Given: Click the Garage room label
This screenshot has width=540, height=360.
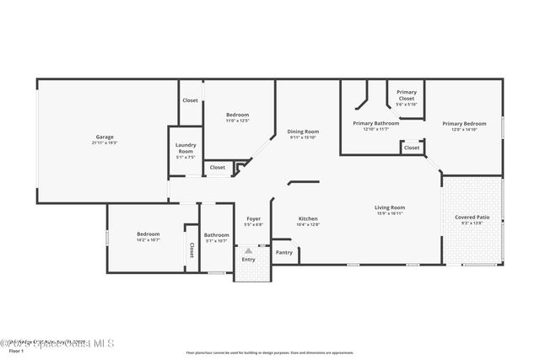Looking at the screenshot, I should point(105,137).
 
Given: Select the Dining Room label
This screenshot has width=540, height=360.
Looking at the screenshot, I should point(303,132).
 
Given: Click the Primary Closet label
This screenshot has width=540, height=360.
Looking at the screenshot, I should point(407,95).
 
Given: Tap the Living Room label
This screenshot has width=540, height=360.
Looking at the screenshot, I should point(390,207).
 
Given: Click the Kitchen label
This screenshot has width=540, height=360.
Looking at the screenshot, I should point(308,219).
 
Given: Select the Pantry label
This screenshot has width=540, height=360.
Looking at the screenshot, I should point(284,252).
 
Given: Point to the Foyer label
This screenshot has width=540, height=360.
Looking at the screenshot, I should point(253,219).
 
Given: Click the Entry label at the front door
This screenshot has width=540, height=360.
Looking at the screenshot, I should point(248,259).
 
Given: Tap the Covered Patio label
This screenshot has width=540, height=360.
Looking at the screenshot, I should point(472,218).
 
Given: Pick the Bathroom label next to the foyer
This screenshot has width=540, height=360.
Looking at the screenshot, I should point(217,234).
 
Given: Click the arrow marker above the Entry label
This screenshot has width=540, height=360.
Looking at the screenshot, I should point(248,250).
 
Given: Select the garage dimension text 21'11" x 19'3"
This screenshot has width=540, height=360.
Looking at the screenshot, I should point(105,142).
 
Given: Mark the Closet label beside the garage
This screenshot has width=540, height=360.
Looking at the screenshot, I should point(191,100).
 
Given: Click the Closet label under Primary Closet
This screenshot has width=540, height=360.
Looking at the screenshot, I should point(411,148).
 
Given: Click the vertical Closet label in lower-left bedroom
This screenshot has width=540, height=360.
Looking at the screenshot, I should point(192,250).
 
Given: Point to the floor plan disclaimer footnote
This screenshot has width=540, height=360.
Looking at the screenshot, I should point(270,352).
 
